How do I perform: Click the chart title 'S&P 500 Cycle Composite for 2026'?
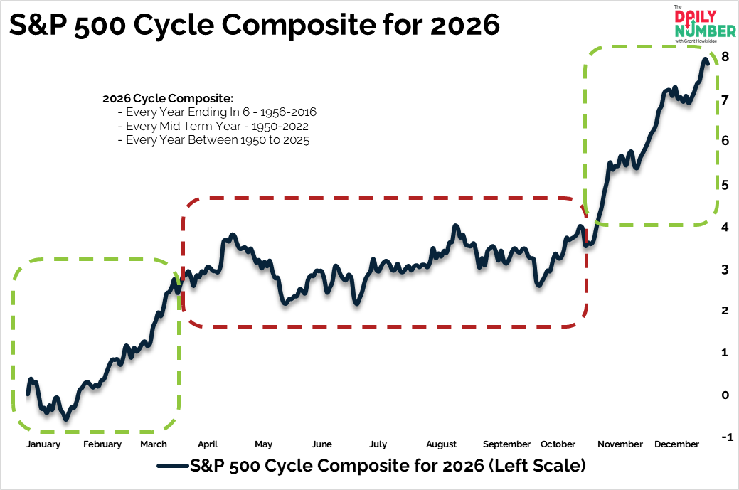pyautogui.click(x=254, y=26)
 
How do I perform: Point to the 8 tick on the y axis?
pyautogui.click(x=725, y=56)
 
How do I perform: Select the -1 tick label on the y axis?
pyautogui.click(x=724, y=437)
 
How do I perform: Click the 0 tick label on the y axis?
pyautogui.click(x=725, y=395)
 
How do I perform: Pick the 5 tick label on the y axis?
pyautogui.click(x=725, y=184)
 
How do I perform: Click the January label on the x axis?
pyautogui.click(x=43, y=444)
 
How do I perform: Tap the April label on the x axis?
pyautogui.click(x=208, y=444)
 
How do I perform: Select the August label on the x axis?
pyautogui.click(x=442, y=444)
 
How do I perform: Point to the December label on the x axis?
pyautogui.click(x=676, y=444)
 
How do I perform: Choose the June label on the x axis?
pyautogui.click(x=321, y=444)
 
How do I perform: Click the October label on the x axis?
pyautogui.click(x=558, y=444)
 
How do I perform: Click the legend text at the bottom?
pyautogui.click(x=388, y=467)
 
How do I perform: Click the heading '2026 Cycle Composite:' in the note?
pyautogui.click(x=168, y=98)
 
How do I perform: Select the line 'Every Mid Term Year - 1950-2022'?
pyautogui.click(x=217, y=127)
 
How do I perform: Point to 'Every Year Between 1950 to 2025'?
pyautogui.click(x=218, y=140)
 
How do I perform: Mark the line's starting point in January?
pyautogui.click(x=28, y=393)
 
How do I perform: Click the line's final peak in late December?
pyautogui.click(x=706, y=59)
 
